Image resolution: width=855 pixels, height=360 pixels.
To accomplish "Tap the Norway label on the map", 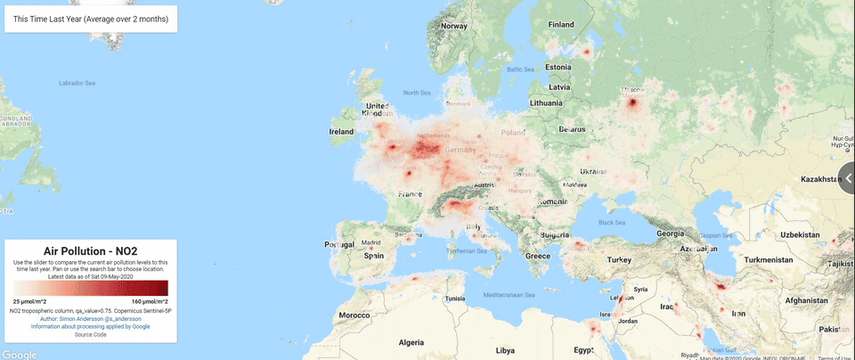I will tap(454, 26).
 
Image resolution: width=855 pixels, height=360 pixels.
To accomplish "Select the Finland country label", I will tap(561, 24).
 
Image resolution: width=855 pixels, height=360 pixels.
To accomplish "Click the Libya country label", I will tap(505, 349).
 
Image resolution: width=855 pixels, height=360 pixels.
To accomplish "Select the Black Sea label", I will tap(613, 223).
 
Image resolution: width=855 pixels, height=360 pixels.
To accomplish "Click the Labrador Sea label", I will tap(77, 83).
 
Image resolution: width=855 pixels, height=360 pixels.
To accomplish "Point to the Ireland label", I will tap(341, 131).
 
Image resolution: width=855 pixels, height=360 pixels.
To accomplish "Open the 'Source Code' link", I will tap(90, 334).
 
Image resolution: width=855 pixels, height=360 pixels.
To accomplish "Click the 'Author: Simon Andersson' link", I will tap(90, 318).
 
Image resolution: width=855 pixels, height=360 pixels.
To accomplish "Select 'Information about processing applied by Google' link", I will tap(90, 326).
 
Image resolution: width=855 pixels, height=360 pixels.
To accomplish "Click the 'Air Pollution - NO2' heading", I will tap(90, 252).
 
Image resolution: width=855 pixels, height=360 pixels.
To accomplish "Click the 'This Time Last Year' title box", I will tap(90, 19).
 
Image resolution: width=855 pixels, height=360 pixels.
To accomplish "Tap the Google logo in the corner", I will tap(20, 354).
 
